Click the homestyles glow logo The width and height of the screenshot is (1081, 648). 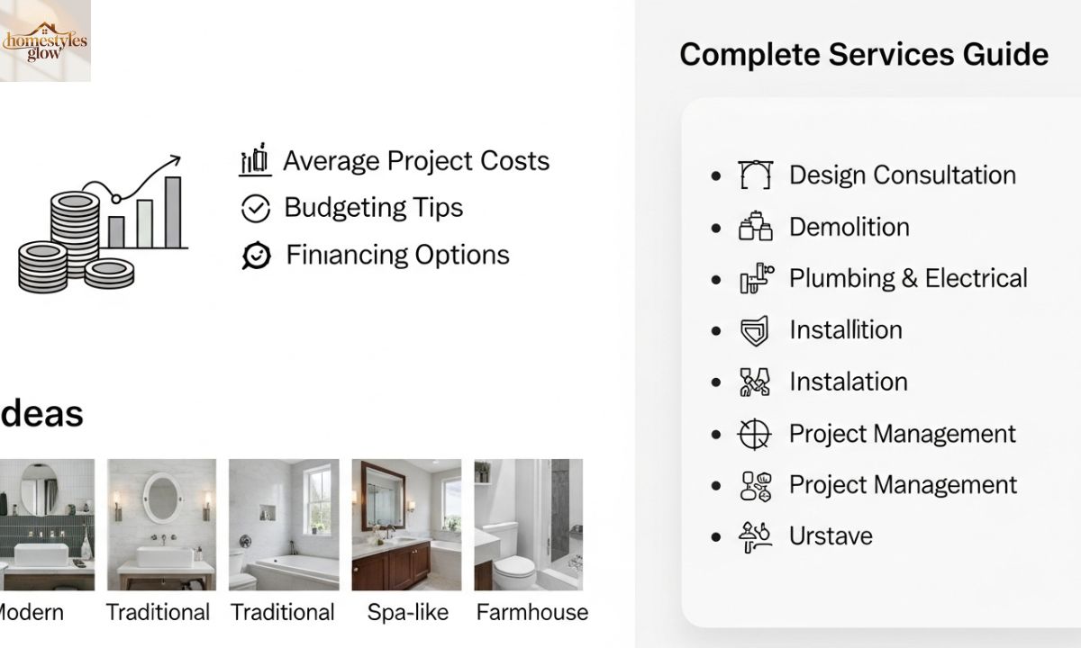coord(45,41)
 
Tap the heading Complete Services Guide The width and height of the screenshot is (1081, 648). coord(863,54)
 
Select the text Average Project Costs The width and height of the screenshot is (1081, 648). coord(415,161)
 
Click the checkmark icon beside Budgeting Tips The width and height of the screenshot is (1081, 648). coord(256,209)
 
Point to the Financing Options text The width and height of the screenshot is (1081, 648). coord(397,255)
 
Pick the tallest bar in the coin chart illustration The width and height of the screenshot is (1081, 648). coord(172,211)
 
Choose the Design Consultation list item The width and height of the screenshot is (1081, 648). coord(902,175)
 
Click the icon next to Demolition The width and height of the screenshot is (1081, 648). coord(755,227)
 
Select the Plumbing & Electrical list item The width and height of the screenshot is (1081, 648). coord(907,278)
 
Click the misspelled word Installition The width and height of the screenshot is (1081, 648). coord(845,329)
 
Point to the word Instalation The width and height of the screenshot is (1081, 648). coord(848,382)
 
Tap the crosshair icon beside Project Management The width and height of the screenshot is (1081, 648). coord(755,434)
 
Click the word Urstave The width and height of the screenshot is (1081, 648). coord(831,536)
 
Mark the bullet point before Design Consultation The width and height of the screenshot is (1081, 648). coord(716,175)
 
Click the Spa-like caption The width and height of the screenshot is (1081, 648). coord(407,613)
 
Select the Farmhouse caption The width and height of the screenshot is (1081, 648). coord(531,613)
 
